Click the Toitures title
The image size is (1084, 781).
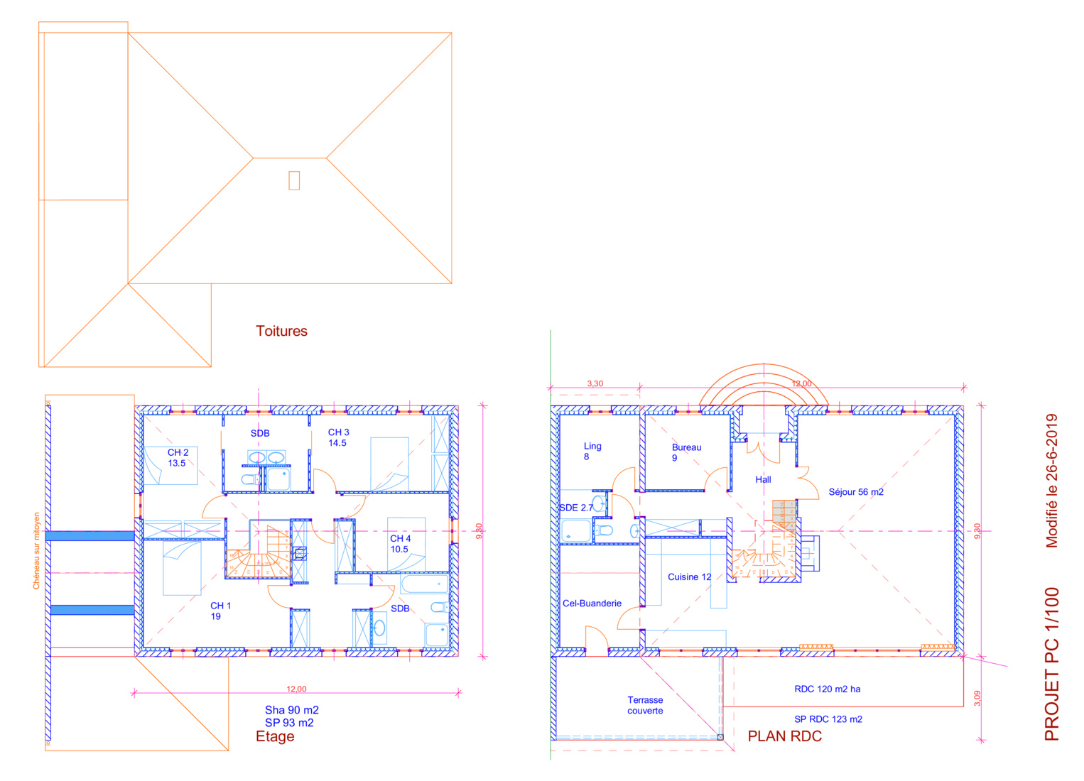pos(281,332)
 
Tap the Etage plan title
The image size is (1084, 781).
pos(275,737)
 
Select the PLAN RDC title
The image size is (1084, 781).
pos(784,736)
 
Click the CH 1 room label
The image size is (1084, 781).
pos(220,611)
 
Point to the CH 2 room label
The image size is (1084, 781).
pos(178,458)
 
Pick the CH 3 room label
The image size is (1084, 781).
pos(338,437)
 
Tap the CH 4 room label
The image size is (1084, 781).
pos(400,544)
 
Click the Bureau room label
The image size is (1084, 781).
pos(686,453)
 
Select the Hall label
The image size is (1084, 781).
pos(763,480)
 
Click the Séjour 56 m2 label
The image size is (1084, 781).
pos(856,492)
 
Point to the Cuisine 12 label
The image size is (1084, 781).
pos(690,577)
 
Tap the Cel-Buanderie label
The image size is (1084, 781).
pos(592,603)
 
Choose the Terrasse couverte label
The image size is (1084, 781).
pos(645,706)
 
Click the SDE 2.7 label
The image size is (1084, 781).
pos(576,508)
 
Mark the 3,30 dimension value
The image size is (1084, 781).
pos(595,384)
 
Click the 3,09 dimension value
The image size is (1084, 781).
pos(977,698)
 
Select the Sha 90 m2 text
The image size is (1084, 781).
pos(292,711)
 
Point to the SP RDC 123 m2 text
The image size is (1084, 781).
pos(828,719)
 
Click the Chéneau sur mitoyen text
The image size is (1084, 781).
pos(36,551)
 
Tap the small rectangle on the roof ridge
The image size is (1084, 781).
pos(294,181)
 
